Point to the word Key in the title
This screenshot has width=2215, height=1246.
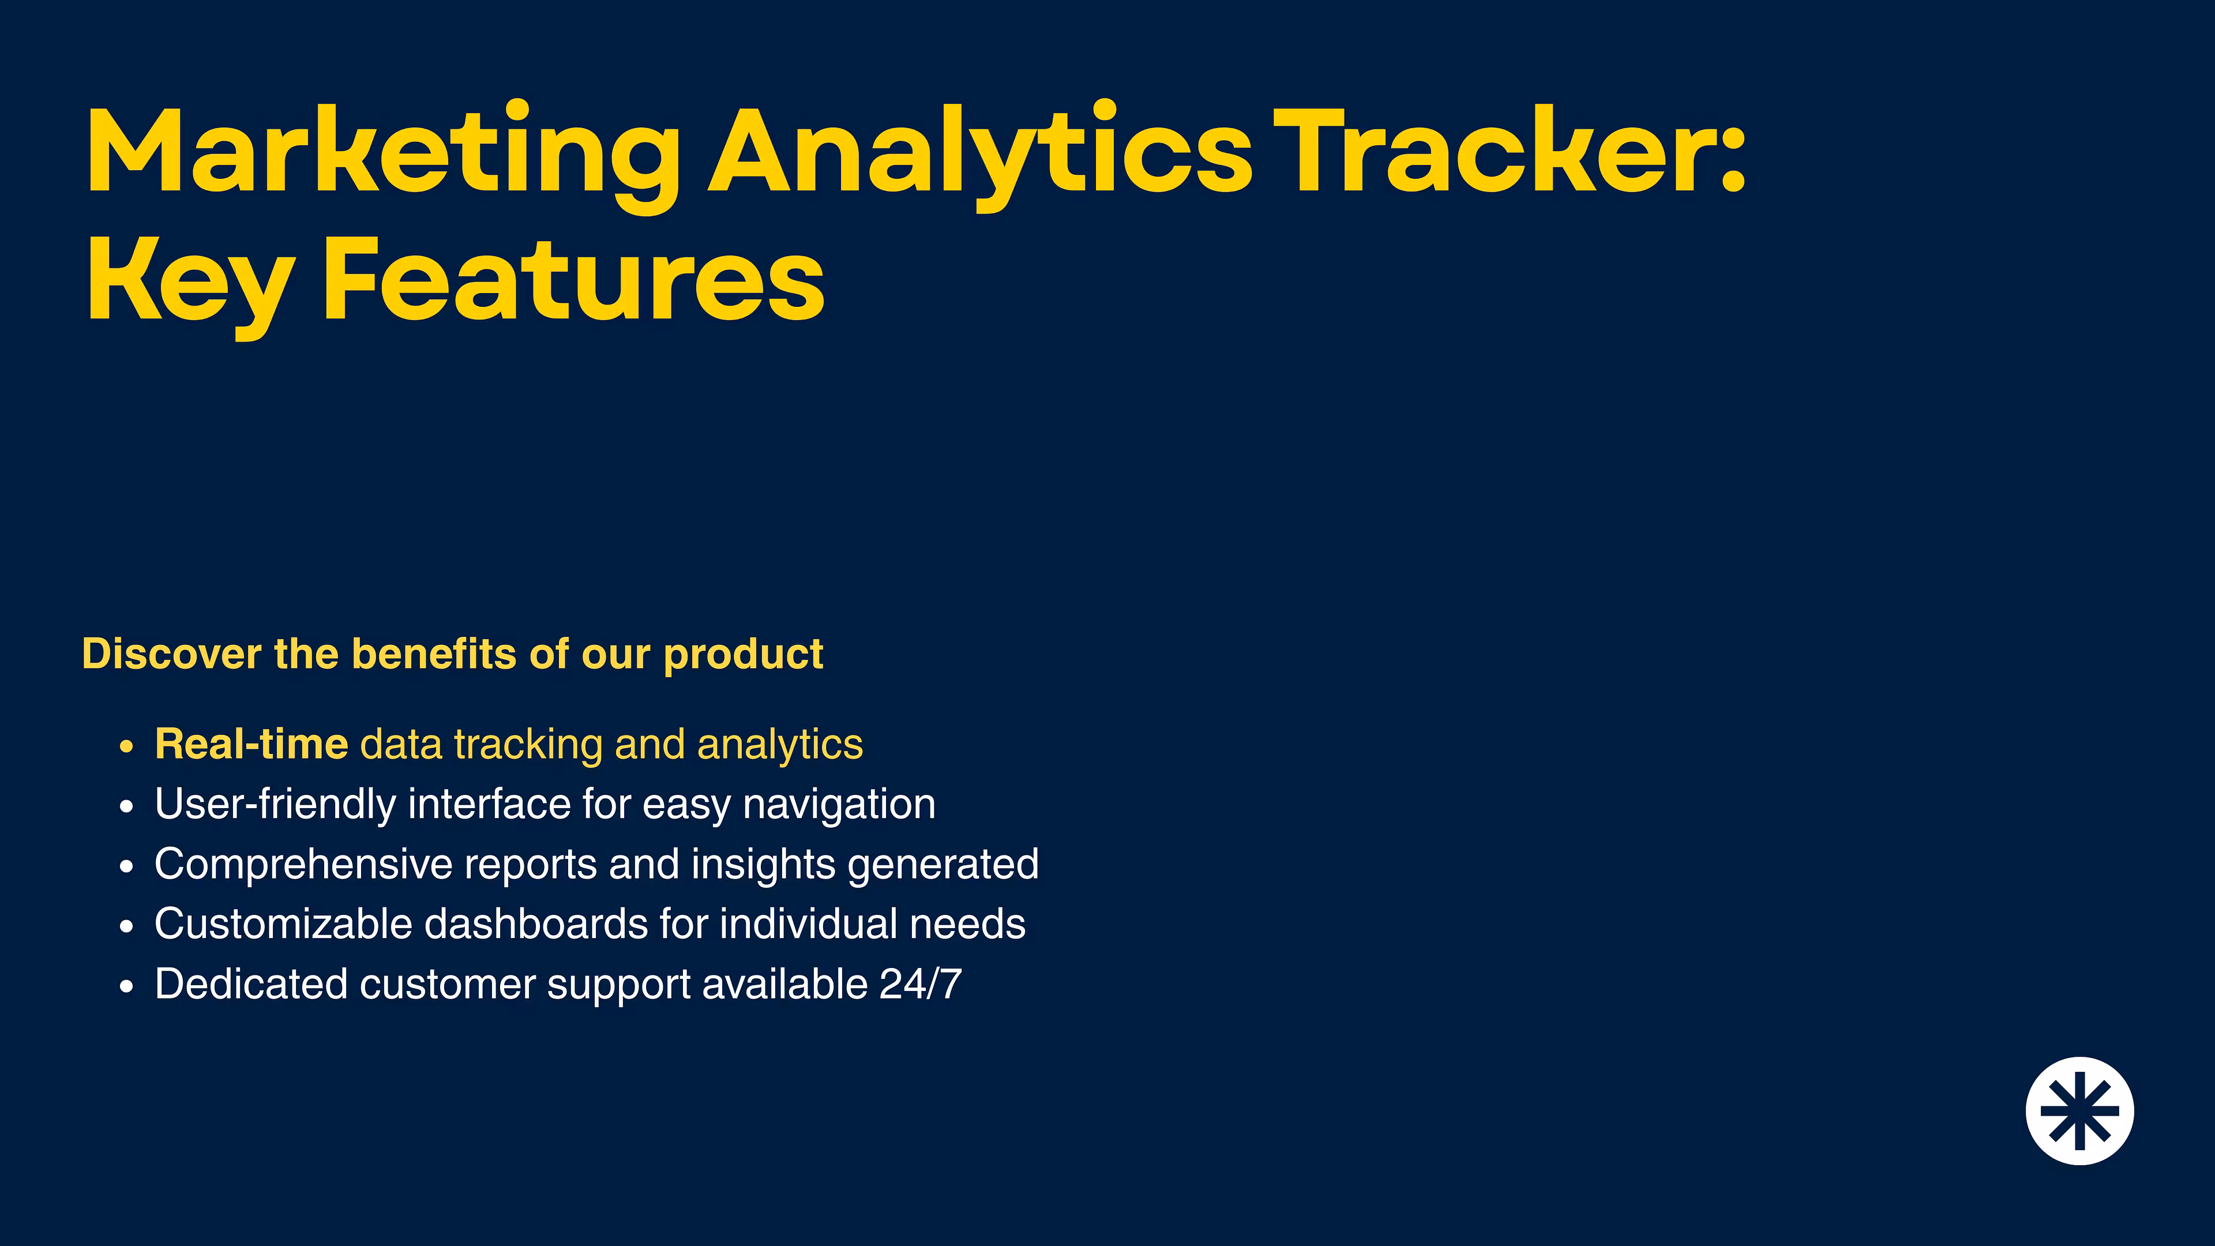pos(191,284)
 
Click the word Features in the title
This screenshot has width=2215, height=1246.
pos(573,277)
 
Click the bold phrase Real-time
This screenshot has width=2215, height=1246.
pos(251,744)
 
